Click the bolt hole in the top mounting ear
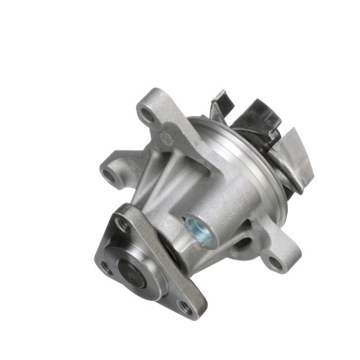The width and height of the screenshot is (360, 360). pos(148,114)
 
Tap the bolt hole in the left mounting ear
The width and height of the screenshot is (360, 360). pos(109,174)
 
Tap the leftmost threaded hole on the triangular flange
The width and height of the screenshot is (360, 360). pos(107,268)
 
